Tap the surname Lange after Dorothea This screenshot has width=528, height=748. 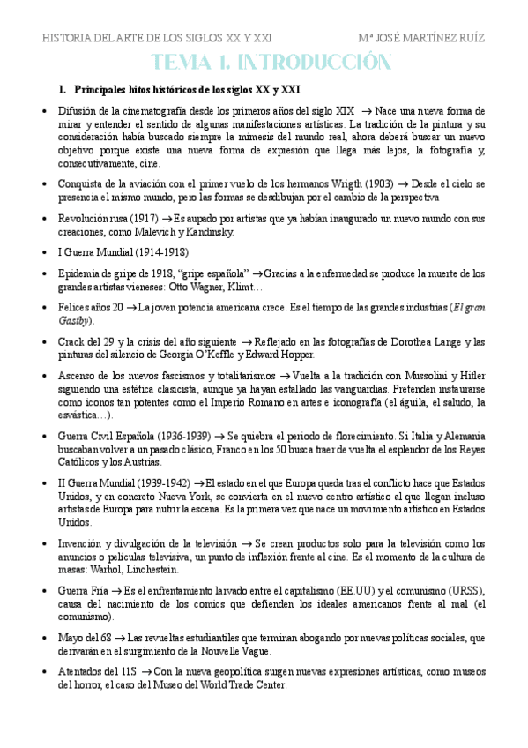point(428,341)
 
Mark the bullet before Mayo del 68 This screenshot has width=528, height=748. point(46,638)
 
